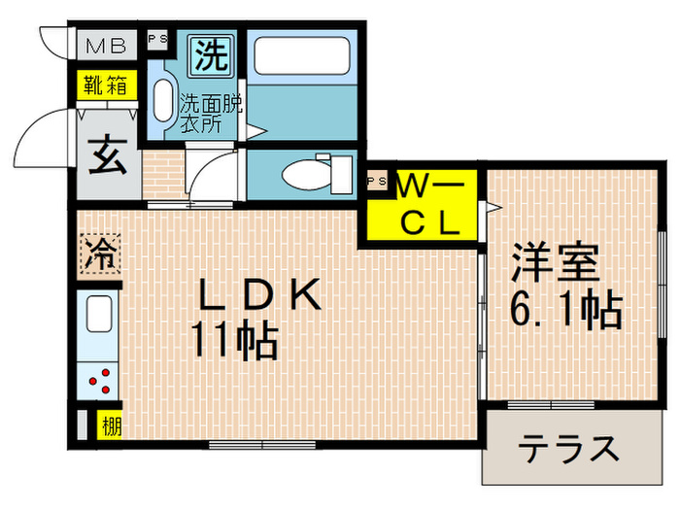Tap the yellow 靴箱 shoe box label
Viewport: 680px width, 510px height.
104,85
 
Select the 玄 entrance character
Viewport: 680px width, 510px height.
106,155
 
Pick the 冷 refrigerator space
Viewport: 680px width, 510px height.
97,255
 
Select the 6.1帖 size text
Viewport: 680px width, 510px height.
566,310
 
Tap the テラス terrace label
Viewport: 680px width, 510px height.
567,449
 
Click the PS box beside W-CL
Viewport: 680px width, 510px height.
376,182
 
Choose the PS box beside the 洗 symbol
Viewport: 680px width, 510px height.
156,41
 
